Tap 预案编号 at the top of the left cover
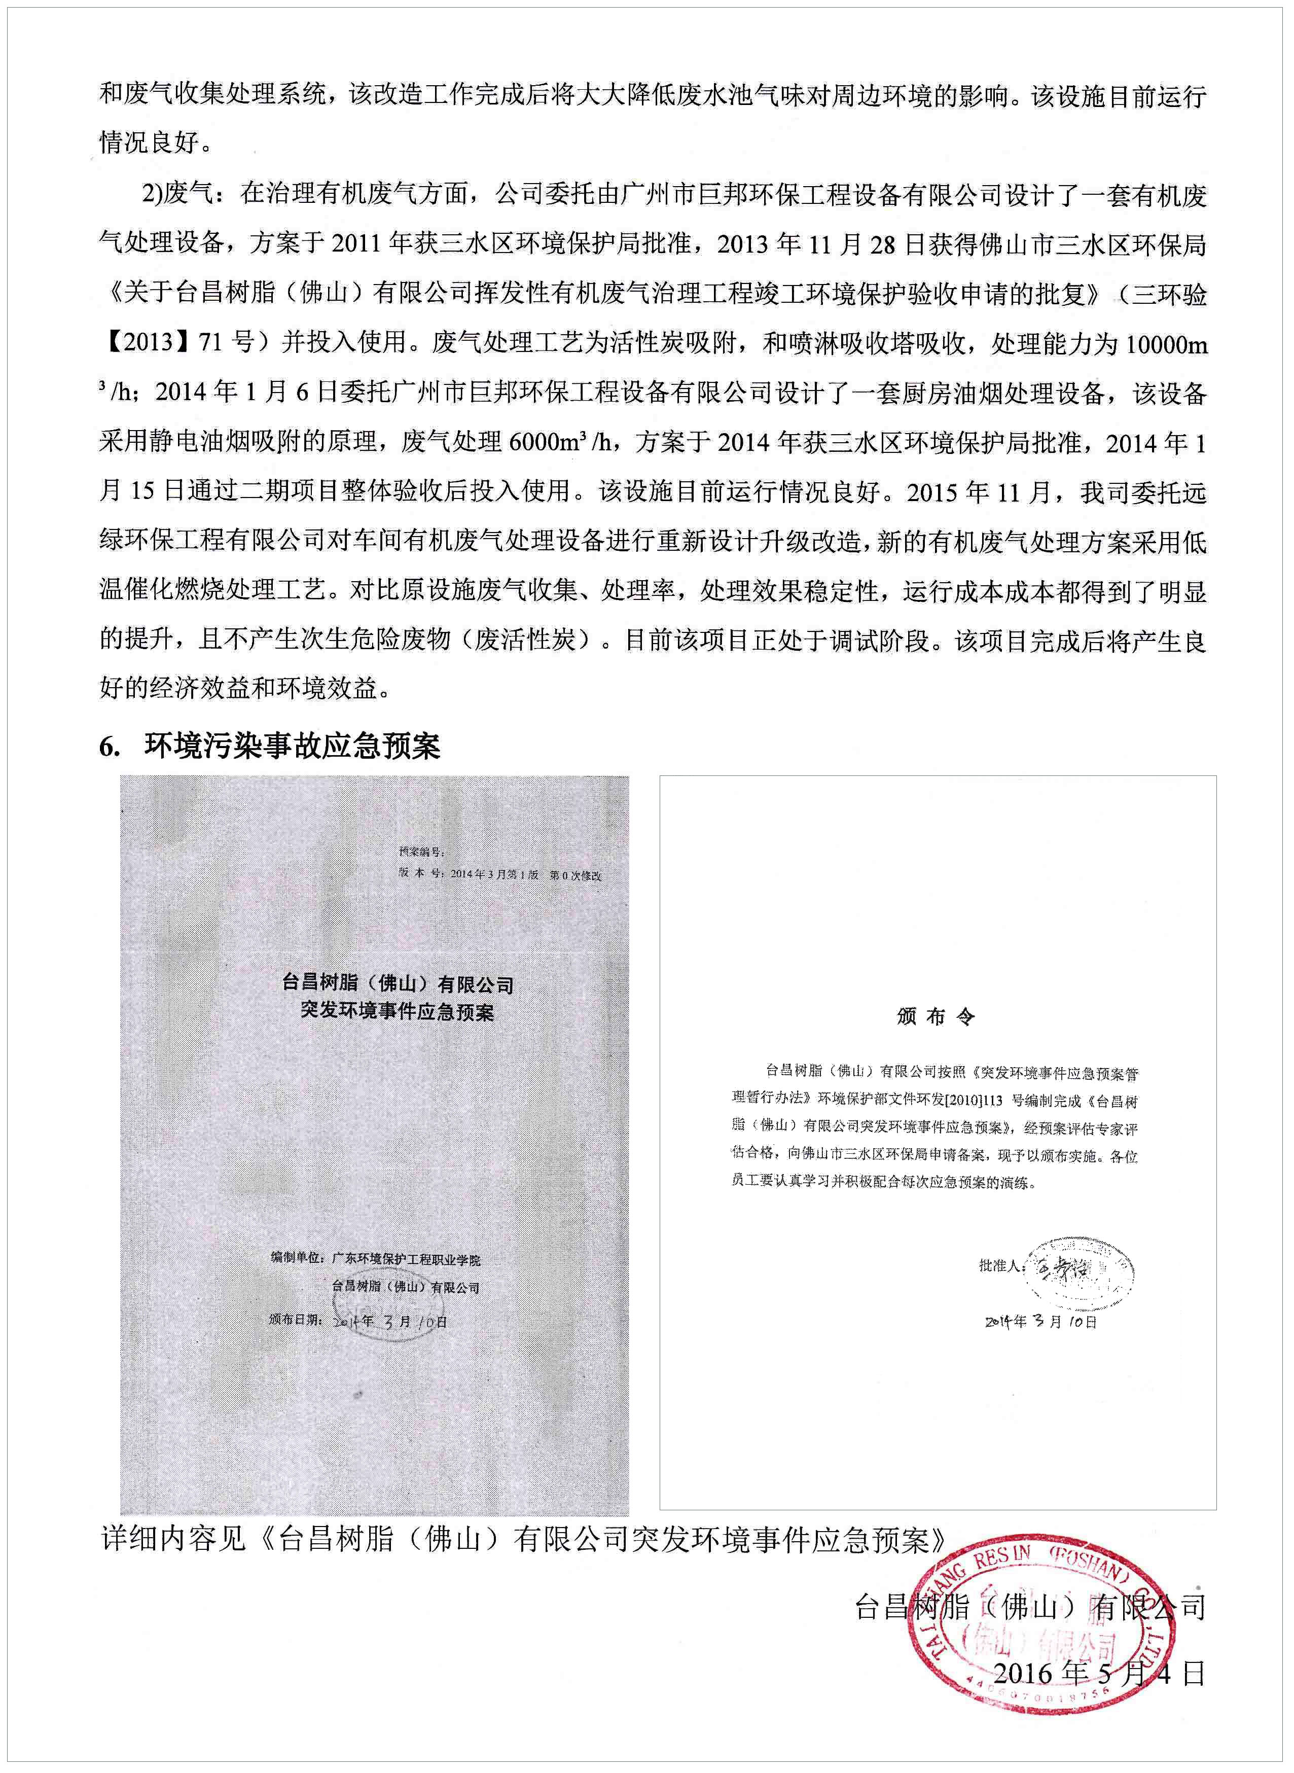[421, 852]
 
